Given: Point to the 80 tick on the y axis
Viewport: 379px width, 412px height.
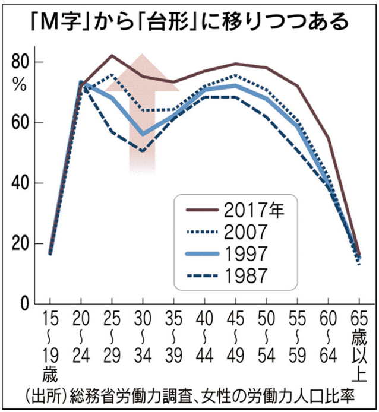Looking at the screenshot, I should [20, 62].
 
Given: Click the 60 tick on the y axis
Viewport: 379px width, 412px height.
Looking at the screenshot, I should [20, 123].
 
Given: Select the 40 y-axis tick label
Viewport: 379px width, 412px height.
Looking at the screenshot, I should [20, 183].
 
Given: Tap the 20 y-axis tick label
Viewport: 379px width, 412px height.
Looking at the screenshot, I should [20, 244].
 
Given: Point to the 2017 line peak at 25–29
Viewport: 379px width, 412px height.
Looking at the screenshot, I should [112, 56].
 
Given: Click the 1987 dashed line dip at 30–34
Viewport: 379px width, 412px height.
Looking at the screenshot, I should [143, 151].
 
